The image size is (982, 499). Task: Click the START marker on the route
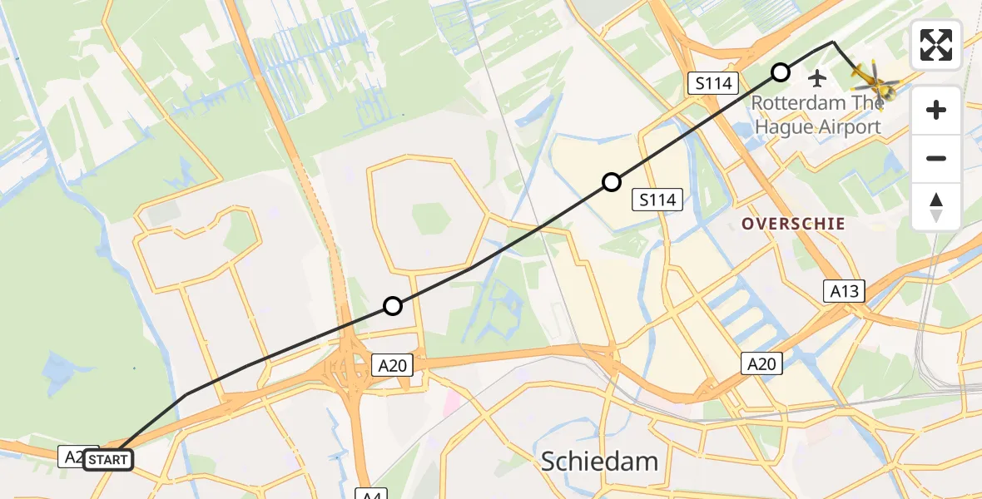pos(108,460)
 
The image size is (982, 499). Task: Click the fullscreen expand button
pos(936,45)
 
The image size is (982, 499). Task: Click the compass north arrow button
pos(936,206)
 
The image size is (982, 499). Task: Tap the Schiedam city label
pos(599,462)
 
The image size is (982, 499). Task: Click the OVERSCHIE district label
pos(793,224)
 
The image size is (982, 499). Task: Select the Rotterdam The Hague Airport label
pos(816,116)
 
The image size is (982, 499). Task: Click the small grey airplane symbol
pos(817,79)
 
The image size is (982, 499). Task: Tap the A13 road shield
pos(844,291)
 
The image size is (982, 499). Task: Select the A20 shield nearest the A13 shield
pos(761,363)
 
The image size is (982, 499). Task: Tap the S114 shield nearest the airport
pos(714,83)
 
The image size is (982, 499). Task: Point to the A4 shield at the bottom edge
pos(371,494)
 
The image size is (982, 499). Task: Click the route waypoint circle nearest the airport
pos(781,72)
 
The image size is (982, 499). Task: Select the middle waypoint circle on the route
pos(612,182)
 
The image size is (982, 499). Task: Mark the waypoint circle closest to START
pos(393,306)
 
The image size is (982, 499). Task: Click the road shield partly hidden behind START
pos(72,456)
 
